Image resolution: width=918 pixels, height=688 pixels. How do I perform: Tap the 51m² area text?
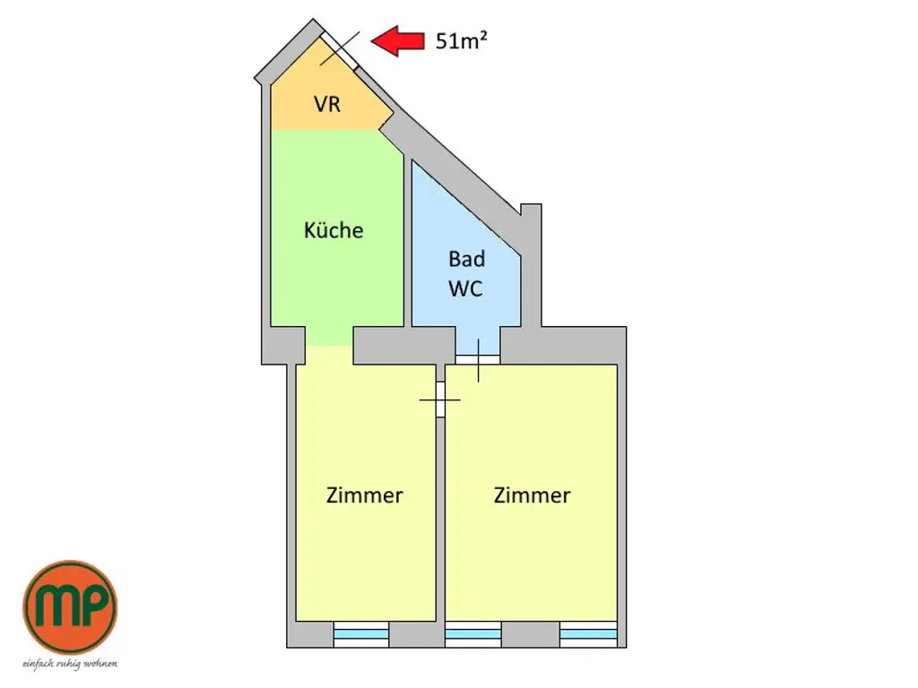point(462,40)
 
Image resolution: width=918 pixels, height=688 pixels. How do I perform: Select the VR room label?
point(327,103)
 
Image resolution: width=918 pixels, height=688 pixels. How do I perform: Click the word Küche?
point(333,230)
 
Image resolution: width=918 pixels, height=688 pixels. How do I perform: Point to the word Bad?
point(466,259)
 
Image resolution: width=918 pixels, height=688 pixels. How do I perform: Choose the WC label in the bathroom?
point(466,289)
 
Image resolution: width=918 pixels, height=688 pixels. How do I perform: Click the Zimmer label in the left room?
point(364,494)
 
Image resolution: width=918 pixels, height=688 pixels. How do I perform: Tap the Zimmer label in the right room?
point(532,494)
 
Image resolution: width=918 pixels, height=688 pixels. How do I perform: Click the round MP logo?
point(69,606)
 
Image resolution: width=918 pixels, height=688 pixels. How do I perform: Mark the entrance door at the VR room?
point(340,49)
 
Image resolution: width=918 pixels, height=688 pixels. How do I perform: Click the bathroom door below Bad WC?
point(478,357)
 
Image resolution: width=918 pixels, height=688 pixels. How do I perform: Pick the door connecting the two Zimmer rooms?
point(440,399)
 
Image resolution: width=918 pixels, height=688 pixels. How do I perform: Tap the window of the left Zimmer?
point(360,634)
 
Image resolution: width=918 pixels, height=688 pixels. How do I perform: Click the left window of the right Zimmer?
point(473,634)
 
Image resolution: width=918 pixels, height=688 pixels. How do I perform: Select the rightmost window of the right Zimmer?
point(588,634)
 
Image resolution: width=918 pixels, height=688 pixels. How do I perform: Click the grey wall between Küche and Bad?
point(407,242)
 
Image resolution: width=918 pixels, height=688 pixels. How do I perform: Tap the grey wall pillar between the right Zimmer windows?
point(531,634)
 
